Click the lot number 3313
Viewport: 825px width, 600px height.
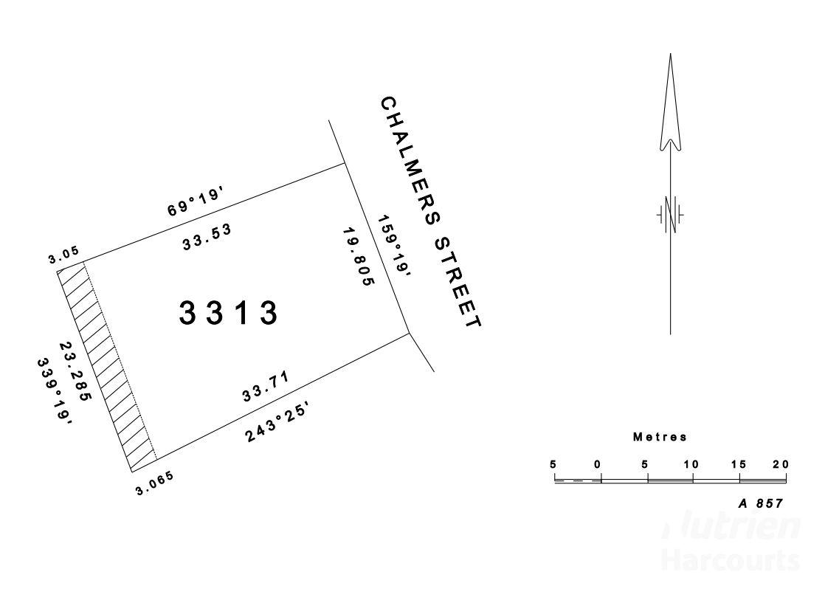(x=228, y=313)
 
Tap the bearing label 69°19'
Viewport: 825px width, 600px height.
(x=197, y=202)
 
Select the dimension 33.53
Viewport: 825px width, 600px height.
(x=207, y=238)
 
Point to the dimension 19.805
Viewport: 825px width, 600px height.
(x=359, y=257)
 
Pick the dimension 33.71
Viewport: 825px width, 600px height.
(x=266, y=386)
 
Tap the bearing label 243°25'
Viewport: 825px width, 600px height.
(x=276, y=423)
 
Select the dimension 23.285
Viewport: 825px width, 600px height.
(x=76, y=370)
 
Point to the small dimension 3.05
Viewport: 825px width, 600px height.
(x=63, y=255)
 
